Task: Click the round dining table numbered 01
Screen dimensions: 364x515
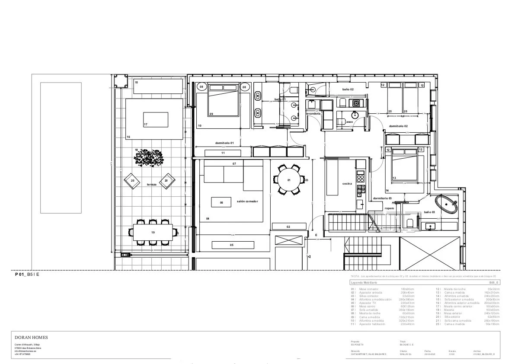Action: (x=288, y=179)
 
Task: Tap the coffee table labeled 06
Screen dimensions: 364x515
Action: (x=221, y=202)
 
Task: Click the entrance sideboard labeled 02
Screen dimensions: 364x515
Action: (x=288, y=226)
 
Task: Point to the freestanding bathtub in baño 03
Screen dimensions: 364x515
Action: (x=446, y=204)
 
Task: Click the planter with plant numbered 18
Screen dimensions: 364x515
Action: (x=149, y=159)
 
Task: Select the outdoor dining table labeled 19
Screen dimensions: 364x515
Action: (x=153, y=233)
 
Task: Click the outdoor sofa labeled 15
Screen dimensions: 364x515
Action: (x=158, y=86)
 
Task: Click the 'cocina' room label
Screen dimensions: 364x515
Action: (x=347, y=183)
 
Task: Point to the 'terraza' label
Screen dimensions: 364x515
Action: (x=151, y=184)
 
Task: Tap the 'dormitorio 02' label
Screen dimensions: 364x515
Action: (x=398, y=126)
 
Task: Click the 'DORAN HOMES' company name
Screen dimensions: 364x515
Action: (x=31, y=337)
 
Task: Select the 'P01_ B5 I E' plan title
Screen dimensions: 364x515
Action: (x=27, y=274)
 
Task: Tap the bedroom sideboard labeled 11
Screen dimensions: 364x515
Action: (x=223, y=153)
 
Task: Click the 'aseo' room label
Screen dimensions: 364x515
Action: (x=349, y=122)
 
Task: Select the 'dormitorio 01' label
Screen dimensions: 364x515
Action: (x=224, y=143)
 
